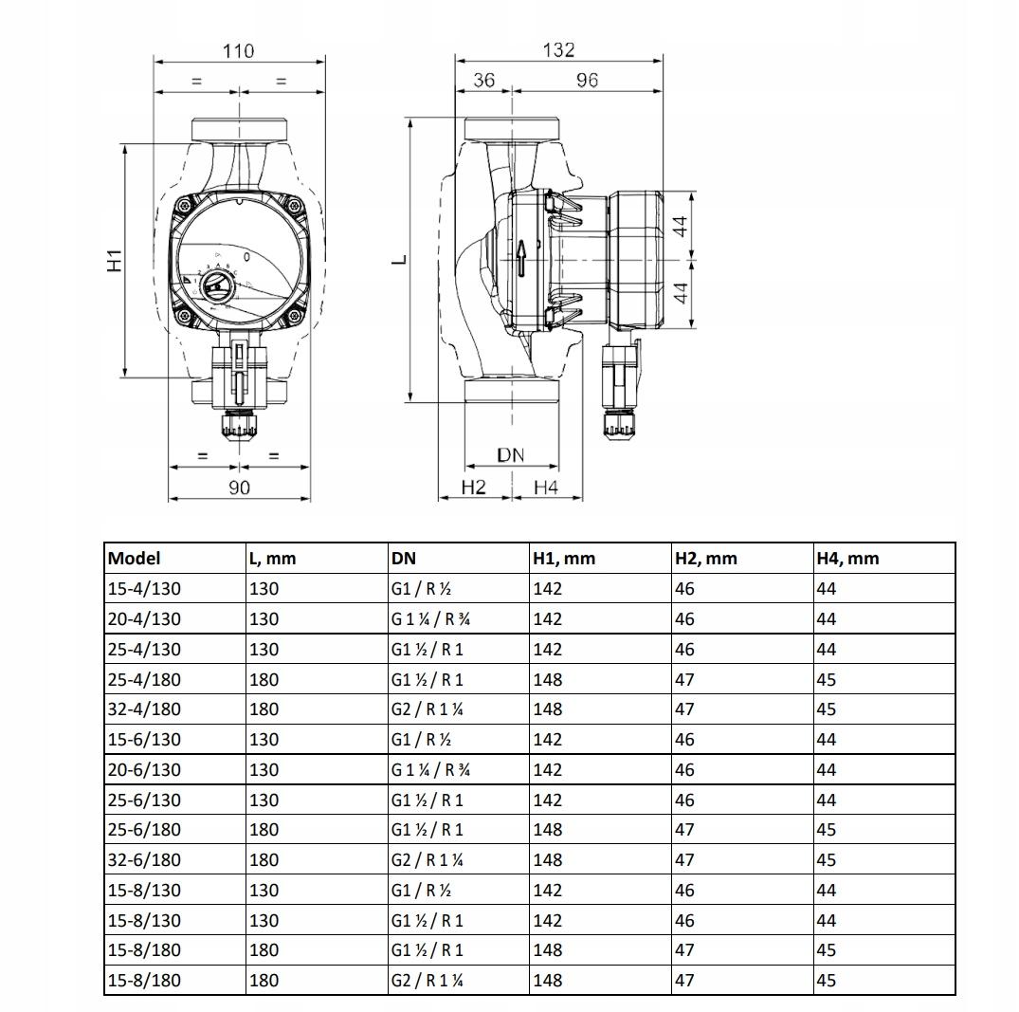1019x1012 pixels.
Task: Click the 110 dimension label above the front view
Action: [239, 50]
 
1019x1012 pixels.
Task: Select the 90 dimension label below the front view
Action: [239, 488]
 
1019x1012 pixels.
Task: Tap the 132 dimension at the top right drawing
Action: [559, 49]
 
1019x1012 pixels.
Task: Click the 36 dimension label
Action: [483, 80]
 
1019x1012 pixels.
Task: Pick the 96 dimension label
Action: [587, 80]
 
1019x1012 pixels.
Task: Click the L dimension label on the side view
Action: [400, 259]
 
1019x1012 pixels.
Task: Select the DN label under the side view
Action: [511, 454]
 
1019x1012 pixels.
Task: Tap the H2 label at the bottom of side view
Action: [473, 488]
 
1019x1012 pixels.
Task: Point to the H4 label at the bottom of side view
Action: [546, 488]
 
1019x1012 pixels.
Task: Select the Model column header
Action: [134, 558]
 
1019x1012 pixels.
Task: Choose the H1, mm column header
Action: [564, 558]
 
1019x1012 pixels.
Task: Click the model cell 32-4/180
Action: [144, 708]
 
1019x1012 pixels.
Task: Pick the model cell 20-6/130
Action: [144, 769]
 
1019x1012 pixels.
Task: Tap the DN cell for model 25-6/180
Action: [427, 830]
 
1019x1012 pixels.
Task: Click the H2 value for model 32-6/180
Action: [684, 860]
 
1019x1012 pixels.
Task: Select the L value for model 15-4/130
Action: [264, 589]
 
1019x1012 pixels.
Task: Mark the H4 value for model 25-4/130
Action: [826, 649]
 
